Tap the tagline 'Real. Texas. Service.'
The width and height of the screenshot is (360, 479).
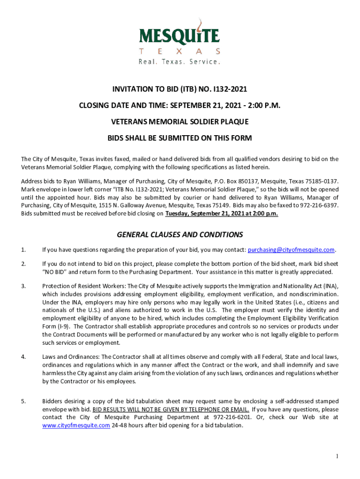tap(180, 62)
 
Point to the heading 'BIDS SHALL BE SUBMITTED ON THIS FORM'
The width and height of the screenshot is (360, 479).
tap(180, 138)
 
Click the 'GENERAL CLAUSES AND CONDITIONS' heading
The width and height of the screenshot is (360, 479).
tap(180, 234)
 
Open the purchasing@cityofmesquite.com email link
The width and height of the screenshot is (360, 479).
tap(291, 249)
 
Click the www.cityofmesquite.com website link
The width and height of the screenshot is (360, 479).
tap(76, 425)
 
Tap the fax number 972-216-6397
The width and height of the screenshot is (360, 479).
tap(319, 205)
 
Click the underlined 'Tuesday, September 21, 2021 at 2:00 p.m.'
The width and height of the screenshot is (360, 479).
tap(222, 214)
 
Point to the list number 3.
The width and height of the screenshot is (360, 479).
tap(23, 286)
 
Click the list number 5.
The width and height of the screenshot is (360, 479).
tap(23, 401)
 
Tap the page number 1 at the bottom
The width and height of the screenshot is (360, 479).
tap(336, 456)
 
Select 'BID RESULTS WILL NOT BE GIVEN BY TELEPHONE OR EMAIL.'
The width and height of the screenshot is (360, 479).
tap(171, 409)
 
